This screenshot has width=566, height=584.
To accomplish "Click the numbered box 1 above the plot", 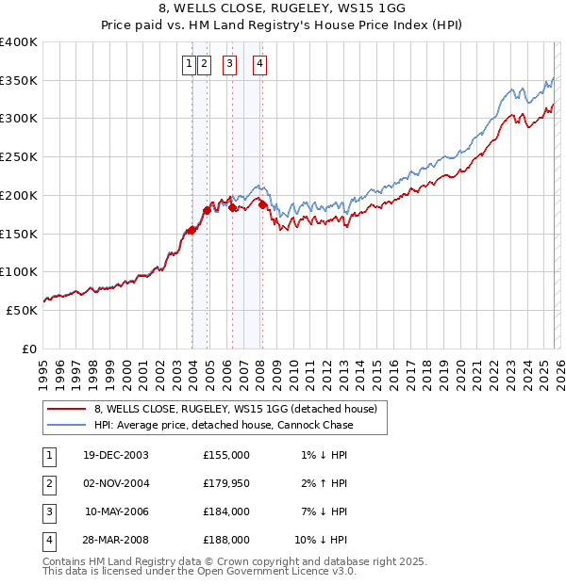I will tap(189, 64).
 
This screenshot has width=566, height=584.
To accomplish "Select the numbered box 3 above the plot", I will tap(229, 64).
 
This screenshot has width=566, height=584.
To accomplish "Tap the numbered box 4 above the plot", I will tap(258, 64).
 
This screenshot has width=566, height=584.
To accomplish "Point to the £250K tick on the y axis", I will tap(19, 157).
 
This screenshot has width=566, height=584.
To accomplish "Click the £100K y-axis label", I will tap(19, 272).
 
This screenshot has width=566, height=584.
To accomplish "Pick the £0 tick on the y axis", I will tap(28, 349).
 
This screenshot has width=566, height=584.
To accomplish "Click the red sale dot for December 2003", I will tap(191, 229).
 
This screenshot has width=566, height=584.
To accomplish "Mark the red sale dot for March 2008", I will tap(262, 203).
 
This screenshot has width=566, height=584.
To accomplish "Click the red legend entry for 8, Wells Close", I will tap(236, 409).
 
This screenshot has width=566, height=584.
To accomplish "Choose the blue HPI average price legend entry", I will tap(223, 425).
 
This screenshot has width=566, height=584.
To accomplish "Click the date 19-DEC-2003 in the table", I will tap(116, 455).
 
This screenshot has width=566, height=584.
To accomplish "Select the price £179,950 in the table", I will tap(226, 483).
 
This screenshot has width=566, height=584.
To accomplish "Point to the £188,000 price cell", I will tap(226, 540).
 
